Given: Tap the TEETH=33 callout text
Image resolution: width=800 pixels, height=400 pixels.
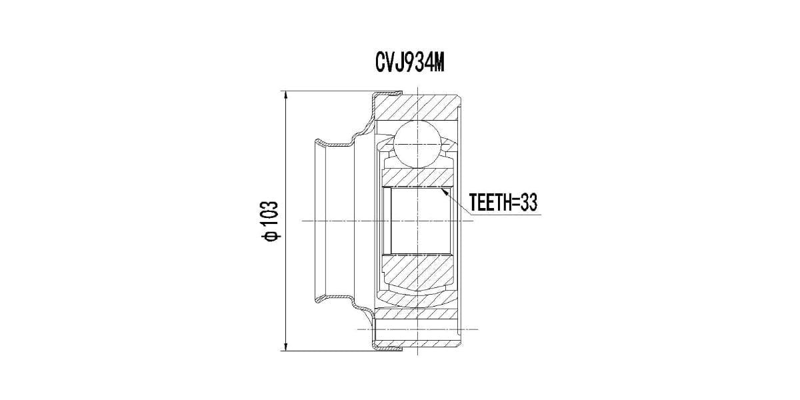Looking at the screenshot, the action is tap(503, 203).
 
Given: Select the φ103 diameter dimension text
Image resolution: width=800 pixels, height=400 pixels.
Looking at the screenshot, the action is tap(270, 221).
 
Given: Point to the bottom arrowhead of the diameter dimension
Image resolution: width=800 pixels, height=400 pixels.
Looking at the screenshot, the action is tap(285, 346).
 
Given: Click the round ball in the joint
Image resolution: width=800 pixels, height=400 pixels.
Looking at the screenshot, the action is tap(417, 144).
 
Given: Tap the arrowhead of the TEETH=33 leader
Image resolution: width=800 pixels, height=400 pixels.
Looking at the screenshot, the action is tap(445, 192).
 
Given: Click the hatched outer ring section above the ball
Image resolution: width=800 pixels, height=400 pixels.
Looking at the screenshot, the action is tap(418, 107).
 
